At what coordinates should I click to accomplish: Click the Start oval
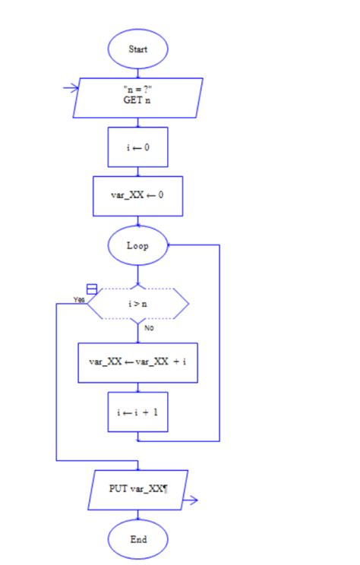click(137, 49)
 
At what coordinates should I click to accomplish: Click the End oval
click(137, 540)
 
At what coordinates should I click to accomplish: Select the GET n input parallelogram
click(137, 98)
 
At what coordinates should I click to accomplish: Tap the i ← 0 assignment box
click(137, 147)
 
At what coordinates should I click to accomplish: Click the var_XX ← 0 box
click(137, 196)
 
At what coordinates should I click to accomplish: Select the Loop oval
click(137, 245)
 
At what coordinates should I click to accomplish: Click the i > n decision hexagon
click(137, 304)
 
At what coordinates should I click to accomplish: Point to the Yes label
click(79, 300)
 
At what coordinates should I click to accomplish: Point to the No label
click(150, 329)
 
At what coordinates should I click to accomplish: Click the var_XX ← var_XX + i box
click(137, 362)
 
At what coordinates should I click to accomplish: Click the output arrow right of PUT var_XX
click(190, 500)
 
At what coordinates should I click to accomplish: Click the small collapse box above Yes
click(92, 289)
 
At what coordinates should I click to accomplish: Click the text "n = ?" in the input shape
click(137, 90)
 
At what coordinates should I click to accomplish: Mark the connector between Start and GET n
click(137, 72)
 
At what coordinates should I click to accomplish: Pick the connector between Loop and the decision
click(137, 275)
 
